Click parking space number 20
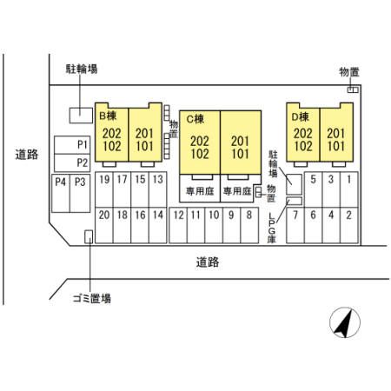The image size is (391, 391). pos(104,225)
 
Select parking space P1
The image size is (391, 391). pos(72,145)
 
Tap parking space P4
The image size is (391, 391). pos(61,193)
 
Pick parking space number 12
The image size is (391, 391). pos(178,225)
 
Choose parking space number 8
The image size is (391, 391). pos(249,225)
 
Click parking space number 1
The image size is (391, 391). pos(349,189)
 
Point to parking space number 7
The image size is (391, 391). pos(295,225)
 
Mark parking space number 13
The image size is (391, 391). pos(158,189)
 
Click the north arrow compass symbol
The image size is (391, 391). pos(345,322)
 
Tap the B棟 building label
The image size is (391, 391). pos(108,116)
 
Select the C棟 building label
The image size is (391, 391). pos(195,119)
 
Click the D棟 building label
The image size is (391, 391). pos(300,117)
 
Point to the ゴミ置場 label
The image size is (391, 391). pos(92,298)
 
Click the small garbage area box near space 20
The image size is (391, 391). pos(89,236)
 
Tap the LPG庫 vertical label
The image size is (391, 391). pos(271,228)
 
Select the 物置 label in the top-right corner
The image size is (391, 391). pos(349,72)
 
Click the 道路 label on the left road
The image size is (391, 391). pos(27,155)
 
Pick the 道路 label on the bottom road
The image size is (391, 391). pos(208,262)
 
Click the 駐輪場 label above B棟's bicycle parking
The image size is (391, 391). pos(82,70)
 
